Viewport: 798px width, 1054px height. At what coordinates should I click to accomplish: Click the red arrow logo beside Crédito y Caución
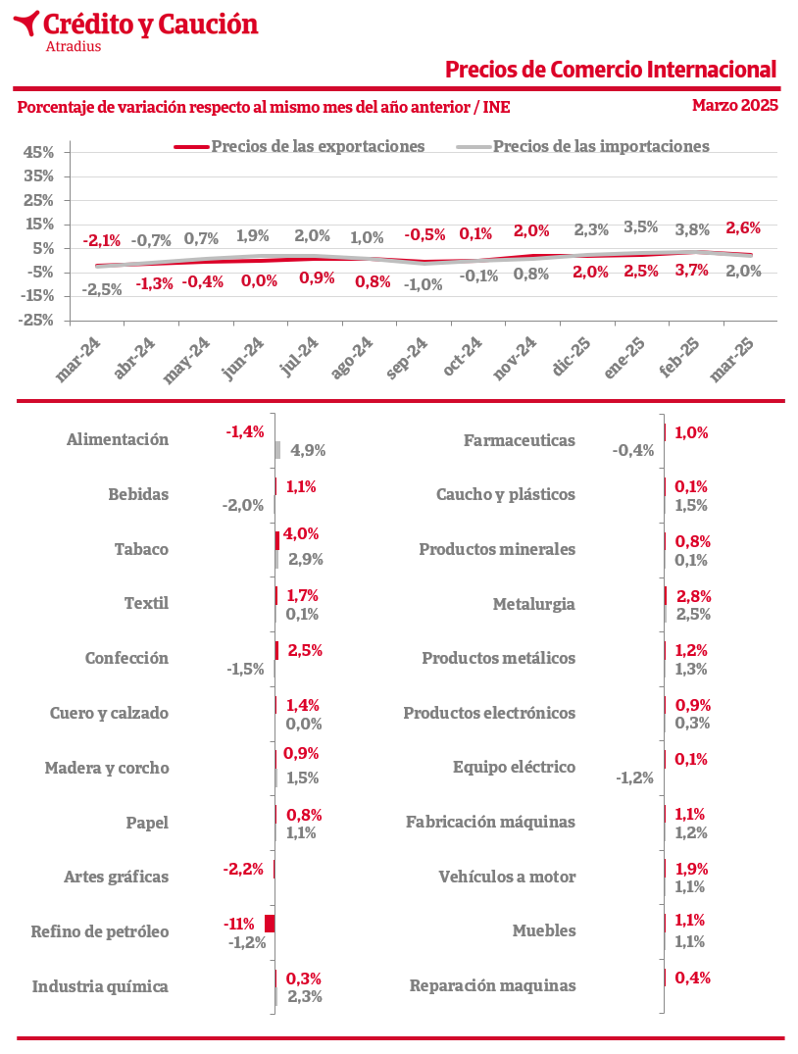25,23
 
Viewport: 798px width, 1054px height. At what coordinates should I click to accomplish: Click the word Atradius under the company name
74,46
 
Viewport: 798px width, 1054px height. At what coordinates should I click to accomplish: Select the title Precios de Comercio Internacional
611,70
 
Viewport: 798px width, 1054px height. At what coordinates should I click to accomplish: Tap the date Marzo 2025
735,105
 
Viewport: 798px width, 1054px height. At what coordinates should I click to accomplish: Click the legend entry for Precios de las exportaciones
299,146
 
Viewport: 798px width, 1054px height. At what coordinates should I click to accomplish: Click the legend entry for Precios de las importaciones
582,146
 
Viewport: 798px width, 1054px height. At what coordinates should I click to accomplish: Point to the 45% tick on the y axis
38,152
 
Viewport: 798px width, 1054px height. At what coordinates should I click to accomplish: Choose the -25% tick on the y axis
36,320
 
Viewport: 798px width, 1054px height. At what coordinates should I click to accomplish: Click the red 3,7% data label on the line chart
692,271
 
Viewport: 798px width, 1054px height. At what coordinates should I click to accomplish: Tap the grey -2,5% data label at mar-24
102,289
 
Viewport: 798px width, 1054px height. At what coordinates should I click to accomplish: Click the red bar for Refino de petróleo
270,924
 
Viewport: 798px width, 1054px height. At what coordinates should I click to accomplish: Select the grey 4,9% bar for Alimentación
277,450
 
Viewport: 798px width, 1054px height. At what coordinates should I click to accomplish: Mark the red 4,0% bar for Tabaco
277,540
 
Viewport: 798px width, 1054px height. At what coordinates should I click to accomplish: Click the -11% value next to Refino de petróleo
238,924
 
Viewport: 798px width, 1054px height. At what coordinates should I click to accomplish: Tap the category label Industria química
100,986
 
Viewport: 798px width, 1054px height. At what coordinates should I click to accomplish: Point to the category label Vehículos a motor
507,877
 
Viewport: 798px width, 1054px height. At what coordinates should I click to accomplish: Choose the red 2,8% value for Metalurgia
694,596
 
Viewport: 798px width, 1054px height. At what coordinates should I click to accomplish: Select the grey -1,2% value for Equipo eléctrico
634,778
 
